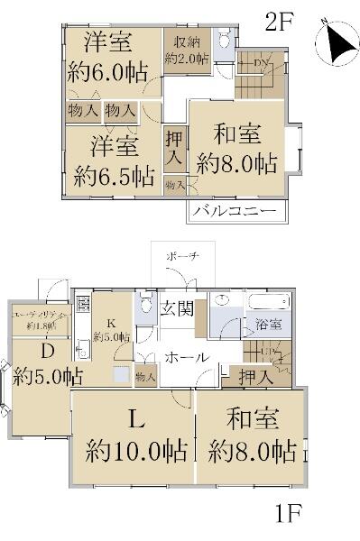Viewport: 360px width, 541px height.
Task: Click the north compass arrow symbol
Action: (x=337, y=42)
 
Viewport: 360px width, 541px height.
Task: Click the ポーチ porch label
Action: (x=178, y=258)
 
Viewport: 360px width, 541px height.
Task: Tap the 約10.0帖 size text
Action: (x=131, y=450)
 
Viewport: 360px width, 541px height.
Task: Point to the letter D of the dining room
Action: (x=40, y=349)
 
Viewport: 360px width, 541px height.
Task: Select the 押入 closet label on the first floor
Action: (x=257, y=378)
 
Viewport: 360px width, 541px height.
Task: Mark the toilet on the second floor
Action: (x=225, y=40)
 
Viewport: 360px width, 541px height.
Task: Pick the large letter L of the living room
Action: (x=132, y=418)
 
